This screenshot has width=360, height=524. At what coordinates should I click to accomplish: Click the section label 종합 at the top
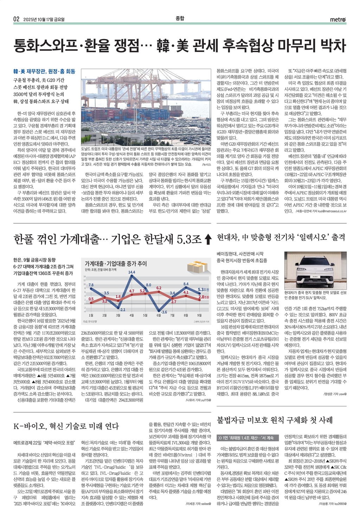[x=180, y=18]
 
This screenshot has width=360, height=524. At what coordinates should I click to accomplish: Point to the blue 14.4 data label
[x=131, y=272]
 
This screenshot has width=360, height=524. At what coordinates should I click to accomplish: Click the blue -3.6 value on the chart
[x=163, y=312]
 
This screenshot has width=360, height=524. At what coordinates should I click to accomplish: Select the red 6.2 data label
[x=159, y=288]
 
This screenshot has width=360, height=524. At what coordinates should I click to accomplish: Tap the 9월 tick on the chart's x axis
[x=199, y=315]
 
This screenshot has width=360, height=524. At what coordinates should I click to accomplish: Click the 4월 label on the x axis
[x=131, y=315]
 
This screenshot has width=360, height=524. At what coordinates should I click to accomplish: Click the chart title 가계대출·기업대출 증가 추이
[x=116, y=263]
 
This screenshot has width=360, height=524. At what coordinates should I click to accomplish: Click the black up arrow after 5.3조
[x=208, y=239]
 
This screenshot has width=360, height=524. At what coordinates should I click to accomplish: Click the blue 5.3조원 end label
[x=204, y=290]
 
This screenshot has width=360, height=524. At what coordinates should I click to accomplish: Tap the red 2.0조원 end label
[x=204, y=297]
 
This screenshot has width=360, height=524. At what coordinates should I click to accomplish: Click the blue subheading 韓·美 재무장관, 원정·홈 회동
[x=44, y=71]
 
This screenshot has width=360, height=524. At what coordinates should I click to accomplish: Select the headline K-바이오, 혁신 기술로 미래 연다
[x=66, y=426]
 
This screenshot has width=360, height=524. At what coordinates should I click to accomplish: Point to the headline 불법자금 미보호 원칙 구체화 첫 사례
[x=275, y=420]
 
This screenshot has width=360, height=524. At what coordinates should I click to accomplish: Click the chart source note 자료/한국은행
[x=90, y=321]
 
